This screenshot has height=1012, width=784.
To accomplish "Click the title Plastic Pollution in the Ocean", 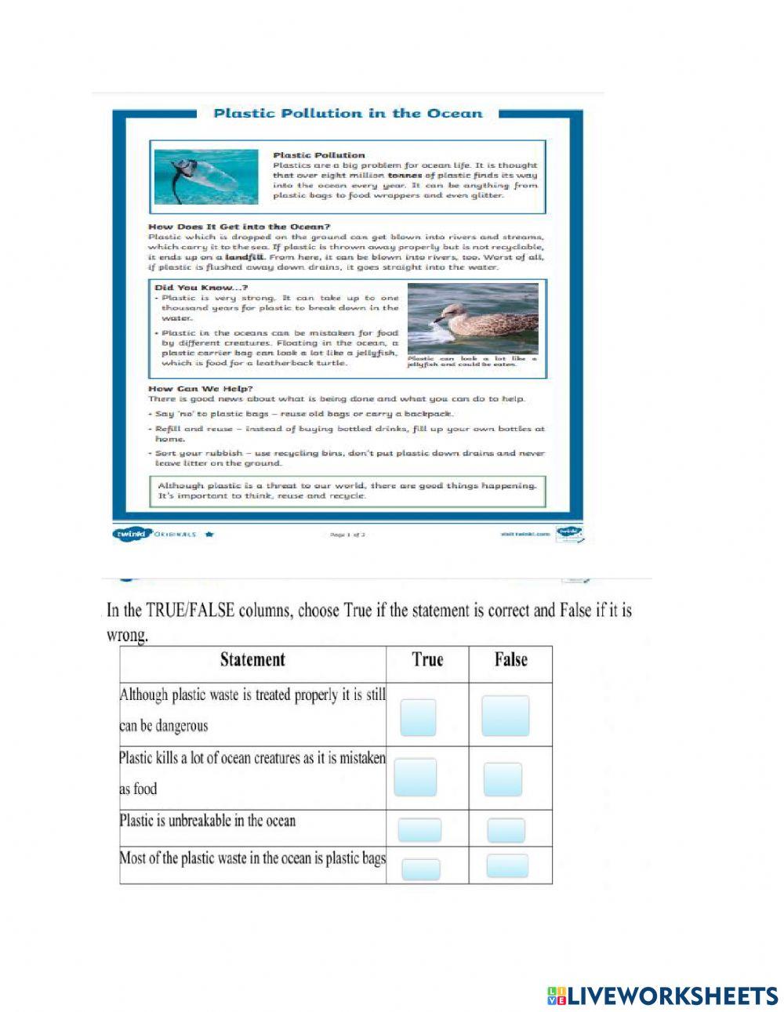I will (347, 113).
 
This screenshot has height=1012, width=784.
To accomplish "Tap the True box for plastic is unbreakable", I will (419, 830).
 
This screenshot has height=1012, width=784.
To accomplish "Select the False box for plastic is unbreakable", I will (506, 830).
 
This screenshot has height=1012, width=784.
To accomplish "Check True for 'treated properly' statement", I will (418, 717).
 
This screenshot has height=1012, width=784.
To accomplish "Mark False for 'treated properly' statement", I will (505, 716).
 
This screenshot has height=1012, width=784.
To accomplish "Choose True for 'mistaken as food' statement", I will (416, 778).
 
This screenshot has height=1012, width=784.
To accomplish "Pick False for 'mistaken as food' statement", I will (503, 780).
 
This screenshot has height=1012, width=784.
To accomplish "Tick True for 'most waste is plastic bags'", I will (421, 869).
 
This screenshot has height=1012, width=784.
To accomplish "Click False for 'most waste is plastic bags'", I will (506, 865).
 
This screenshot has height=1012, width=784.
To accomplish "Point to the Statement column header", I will (252, 660).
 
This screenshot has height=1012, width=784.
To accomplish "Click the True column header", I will (427, 660).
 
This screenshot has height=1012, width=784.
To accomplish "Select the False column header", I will (510, 660).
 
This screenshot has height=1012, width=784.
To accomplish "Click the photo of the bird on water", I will (472, 318).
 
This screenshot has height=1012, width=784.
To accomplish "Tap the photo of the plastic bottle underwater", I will (206, 177).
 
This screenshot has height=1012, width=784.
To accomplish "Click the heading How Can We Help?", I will (200, 389).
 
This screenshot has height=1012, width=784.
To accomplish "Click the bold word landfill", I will (245, 257).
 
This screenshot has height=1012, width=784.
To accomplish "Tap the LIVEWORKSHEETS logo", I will (662, 996).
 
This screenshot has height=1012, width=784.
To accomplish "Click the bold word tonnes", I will (405, 176).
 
